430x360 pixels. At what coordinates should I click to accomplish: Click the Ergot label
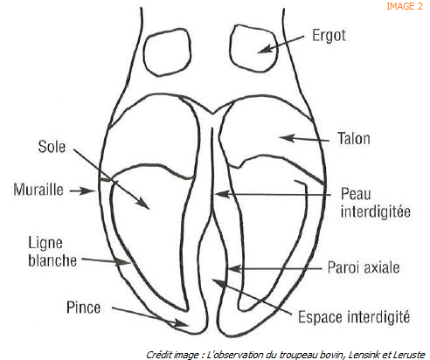329,37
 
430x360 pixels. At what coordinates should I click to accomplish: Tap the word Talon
354,139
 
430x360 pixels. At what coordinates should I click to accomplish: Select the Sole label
52,147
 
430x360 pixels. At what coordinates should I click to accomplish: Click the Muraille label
38,190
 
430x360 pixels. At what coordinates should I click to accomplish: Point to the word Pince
84,308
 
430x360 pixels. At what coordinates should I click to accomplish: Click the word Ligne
45,244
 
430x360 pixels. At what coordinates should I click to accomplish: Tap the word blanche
52,260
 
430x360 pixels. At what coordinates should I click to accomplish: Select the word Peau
356,194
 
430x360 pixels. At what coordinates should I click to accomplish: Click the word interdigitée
376,211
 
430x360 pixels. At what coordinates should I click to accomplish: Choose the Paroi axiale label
364,267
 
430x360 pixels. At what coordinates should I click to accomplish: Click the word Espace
320,317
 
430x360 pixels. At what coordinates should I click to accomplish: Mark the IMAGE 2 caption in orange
405,6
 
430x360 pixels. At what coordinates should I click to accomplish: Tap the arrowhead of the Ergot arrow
266,49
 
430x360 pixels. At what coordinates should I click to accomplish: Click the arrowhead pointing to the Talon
287,138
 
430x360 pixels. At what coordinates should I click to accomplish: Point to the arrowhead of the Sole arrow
143,203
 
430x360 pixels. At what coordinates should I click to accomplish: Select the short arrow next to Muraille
83,191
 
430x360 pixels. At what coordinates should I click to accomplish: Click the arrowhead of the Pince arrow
182,323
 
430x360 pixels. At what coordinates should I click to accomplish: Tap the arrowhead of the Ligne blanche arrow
123,261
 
